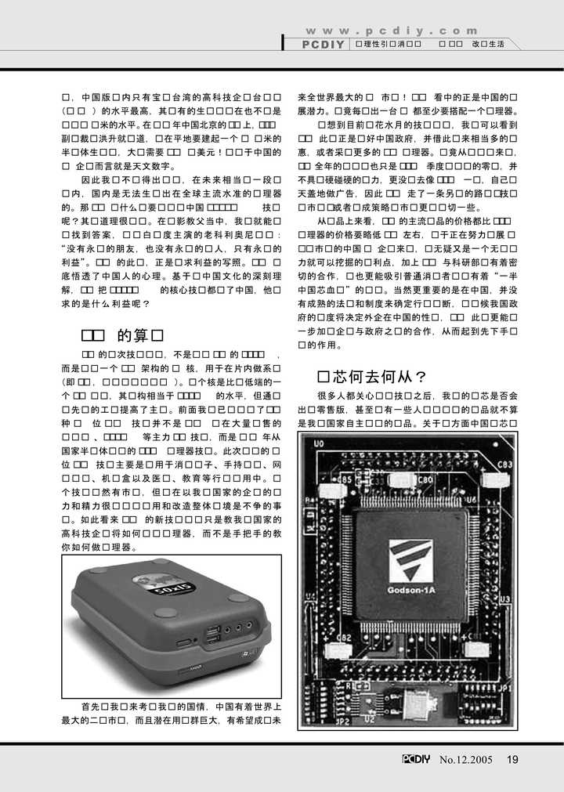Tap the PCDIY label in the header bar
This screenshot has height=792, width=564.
[x=323, y=45]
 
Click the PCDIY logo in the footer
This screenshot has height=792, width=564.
[x=418, y=758]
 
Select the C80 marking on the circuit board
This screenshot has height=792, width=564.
[x=425, y=479]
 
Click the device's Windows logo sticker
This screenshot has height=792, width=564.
[x=247, y=652]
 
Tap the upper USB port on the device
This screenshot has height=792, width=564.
[x=213, y=629]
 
